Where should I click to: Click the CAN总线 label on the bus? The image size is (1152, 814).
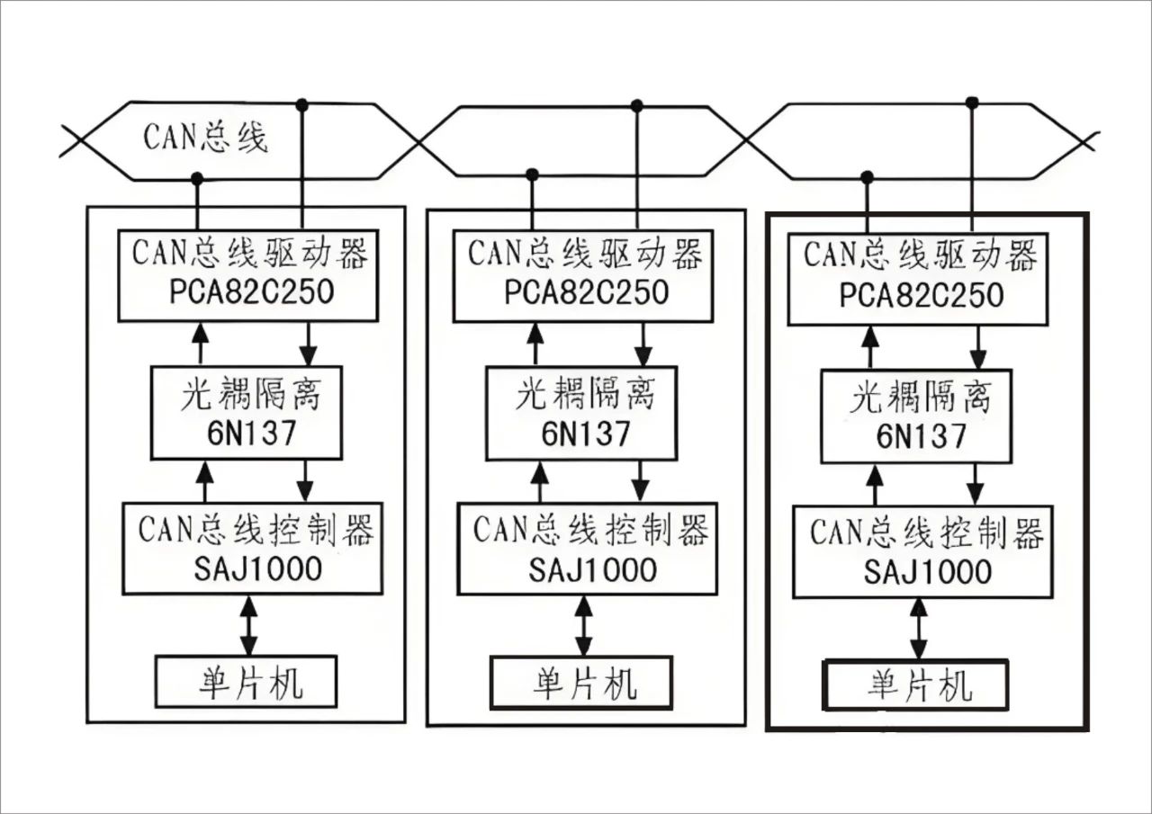[205, 138]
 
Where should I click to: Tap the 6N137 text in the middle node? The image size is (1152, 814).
[585, 433]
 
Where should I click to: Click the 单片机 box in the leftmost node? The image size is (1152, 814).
[247, 682]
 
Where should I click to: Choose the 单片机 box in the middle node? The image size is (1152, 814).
[581, 682]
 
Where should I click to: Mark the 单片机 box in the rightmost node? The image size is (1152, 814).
[916, 685]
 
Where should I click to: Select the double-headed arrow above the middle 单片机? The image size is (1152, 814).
[584, 626]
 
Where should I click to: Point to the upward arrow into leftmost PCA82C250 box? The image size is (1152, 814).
[201, 343]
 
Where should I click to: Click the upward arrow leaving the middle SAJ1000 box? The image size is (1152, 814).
[539, 480]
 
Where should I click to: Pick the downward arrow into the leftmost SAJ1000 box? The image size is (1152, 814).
[305, 480]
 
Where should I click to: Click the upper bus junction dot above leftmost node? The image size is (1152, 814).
[302, 105]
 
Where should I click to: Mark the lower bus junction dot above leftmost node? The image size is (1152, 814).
[197, 178]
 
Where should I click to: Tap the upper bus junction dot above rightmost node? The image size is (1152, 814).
[972, 103]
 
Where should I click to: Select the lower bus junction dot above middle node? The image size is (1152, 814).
[532, 174]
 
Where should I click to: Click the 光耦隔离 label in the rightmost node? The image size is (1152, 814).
[920, 397]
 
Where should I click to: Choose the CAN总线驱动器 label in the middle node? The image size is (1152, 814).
[585, 255]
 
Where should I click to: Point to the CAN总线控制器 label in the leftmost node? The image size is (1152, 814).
[256, 531]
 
